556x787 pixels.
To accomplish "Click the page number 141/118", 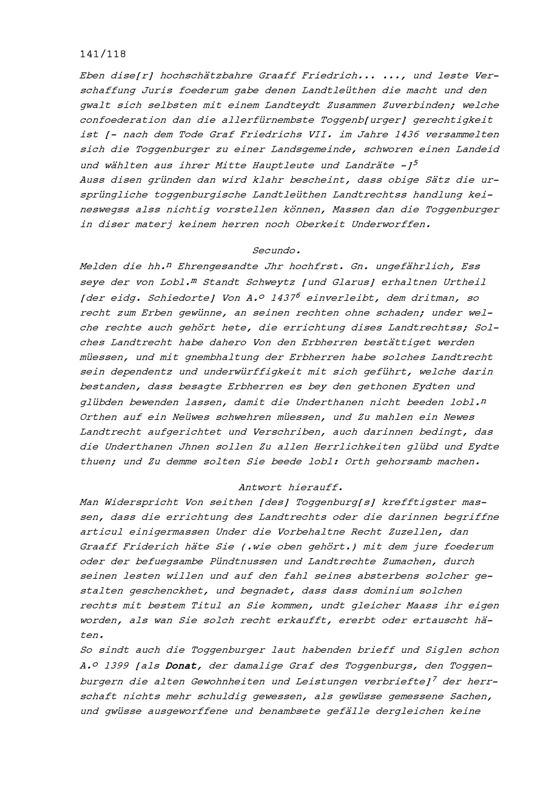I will coord(103,54).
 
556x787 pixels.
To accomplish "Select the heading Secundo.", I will coord(276,251).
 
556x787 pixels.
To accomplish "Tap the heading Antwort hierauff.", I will coord(290,487).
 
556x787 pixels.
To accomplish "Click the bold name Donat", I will coord(181,666).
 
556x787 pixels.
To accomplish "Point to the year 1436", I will coord(407,135).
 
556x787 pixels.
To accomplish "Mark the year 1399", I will coord(116,666).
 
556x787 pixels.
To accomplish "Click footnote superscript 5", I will coord(415,162).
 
